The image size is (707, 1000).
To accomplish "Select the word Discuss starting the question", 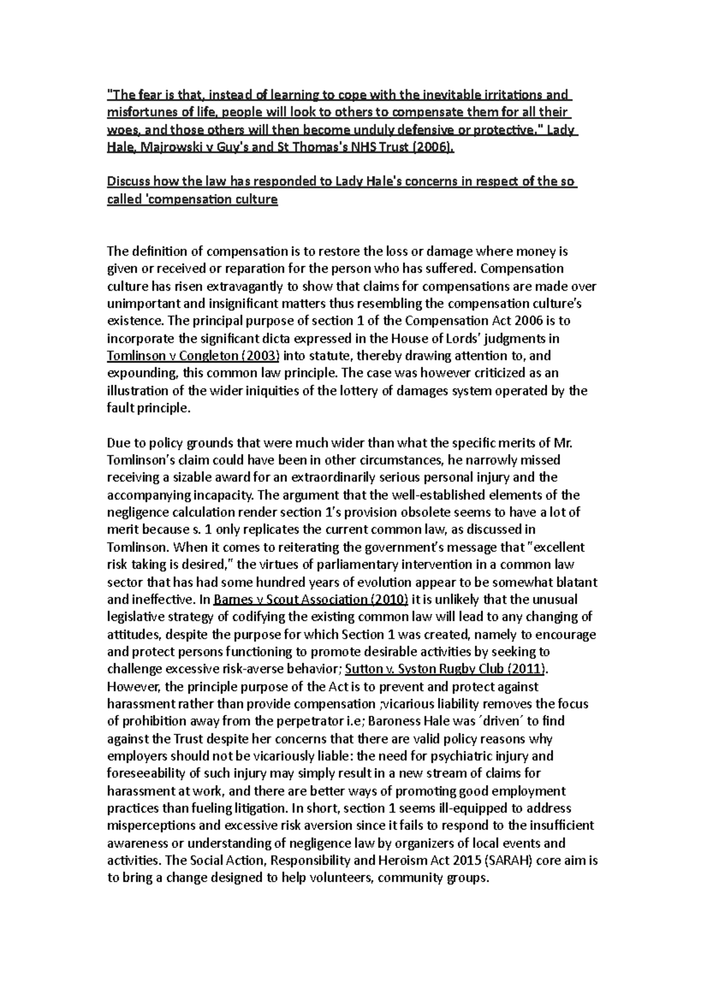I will click(x=128, y=182).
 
